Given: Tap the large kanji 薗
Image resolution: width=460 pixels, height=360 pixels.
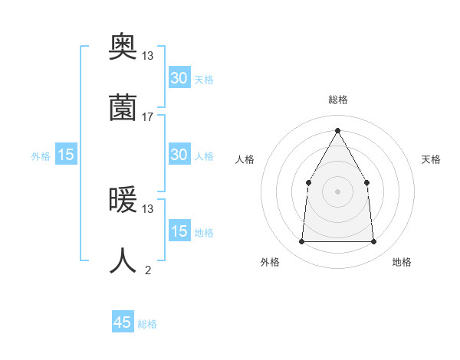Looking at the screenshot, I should point(123,107).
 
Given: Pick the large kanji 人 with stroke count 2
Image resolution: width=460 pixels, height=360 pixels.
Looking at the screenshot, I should point(123,261).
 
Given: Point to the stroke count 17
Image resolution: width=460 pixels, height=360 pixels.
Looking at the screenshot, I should point(148,117).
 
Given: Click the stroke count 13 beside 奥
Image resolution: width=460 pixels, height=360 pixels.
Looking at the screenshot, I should point(148,56).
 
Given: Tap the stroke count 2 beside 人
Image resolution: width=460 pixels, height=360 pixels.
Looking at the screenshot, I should point(148,270).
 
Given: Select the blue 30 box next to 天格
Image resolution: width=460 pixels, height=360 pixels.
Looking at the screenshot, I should point(179,78).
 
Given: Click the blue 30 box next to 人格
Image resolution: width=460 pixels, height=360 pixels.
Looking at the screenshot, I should point(179,155).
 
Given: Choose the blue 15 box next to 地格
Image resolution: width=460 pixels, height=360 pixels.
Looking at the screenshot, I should point(179,231).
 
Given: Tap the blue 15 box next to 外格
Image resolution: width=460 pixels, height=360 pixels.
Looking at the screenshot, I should point(66,155).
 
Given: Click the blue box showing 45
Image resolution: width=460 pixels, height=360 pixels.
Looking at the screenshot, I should point(123,322).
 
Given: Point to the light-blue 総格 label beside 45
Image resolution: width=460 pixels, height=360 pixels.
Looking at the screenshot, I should point(147,324).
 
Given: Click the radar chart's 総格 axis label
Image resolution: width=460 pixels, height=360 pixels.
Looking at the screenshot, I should point(337,100).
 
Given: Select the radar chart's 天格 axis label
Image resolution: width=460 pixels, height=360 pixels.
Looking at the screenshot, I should point(432,159).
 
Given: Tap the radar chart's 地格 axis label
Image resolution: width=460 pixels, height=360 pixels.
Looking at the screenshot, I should point(402,262).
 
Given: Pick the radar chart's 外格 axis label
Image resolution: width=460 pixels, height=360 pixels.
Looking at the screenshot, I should point(270,262).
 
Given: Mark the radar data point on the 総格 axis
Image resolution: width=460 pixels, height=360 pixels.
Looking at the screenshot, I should point(337,129).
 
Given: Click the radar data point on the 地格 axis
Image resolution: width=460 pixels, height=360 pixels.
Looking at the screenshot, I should point(374,242).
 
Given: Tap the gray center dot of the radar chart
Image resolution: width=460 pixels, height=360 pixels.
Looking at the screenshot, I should point(337,191).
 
